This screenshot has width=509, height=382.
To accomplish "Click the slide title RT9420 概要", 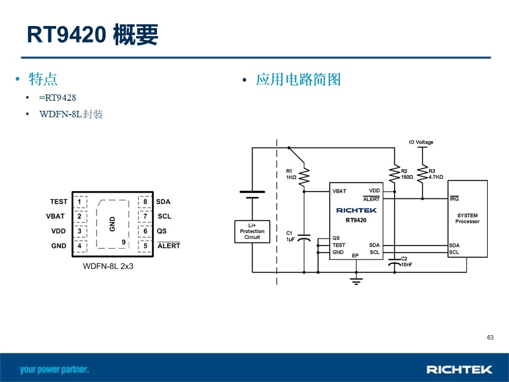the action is pos(92,34).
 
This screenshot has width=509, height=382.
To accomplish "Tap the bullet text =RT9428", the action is pos(57,98).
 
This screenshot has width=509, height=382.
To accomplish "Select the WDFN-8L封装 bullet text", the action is pos(71,115).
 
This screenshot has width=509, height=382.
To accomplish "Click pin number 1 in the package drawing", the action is pos(80,202).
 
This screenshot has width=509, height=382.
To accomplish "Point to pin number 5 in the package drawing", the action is pos(145,246).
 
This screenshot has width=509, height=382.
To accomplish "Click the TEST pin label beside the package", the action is pos(59,202).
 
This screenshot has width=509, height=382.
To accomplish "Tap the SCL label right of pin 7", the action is pos(164,216).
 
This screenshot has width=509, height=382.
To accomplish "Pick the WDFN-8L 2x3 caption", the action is pos(108,266).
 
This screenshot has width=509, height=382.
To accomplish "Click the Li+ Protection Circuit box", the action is pos(252,232).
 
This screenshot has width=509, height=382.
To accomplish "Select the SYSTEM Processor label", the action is pos(467,218).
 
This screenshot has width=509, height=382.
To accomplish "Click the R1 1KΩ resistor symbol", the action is pos(304,177).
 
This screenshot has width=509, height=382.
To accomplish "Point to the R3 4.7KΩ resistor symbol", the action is pos(423,174).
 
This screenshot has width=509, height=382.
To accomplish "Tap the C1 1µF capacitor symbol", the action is pos(304,238).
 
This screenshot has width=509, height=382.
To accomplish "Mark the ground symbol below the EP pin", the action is pos(356,281).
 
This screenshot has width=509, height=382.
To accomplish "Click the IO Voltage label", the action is pos(421,142).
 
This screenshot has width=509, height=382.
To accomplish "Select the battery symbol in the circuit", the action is pos(252,195).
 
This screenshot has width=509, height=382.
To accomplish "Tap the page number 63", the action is pos(490,337).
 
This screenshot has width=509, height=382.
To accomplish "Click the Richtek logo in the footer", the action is pos(459,369).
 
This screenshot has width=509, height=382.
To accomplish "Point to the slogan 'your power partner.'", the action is pos(54,370).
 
